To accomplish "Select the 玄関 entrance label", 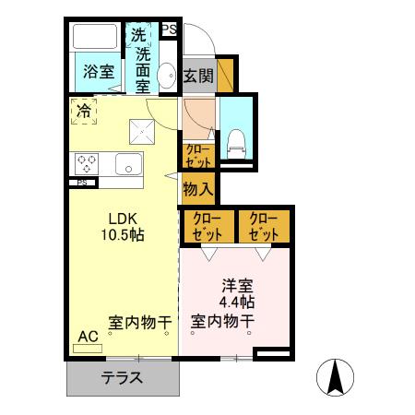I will (x=196, y=76).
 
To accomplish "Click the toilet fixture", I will (x=235, y=138).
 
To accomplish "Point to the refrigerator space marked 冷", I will (x=84, y=113).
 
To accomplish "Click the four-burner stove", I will (x=88, y=163).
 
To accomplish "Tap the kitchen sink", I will (x=127, y=165).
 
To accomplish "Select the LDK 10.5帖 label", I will (x=124, y=227).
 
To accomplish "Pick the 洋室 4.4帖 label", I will (x=237, y=294).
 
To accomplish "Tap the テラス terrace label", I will (x=122, y=376).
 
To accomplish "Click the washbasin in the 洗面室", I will (x=167, y=77).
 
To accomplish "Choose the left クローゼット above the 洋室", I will (x=207, y=227).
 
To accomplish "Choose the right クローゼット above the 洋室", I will (x=263, y=227).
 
